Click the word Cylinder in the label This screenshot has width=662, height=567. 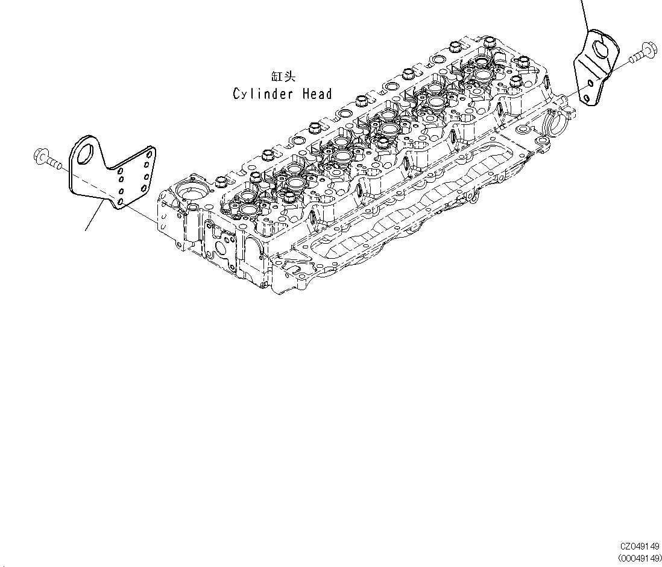[262, 94]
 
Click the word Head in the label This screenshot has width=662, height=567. [317, 93]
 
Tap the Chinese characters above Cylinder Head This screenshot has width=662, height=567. [283, 77]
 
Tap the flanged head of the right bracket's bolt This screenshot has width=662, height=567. [649, 48]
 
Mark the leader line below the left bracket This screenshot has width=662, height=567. [93, 218]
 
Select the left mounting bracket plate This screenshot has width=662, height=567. [112, 172]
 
